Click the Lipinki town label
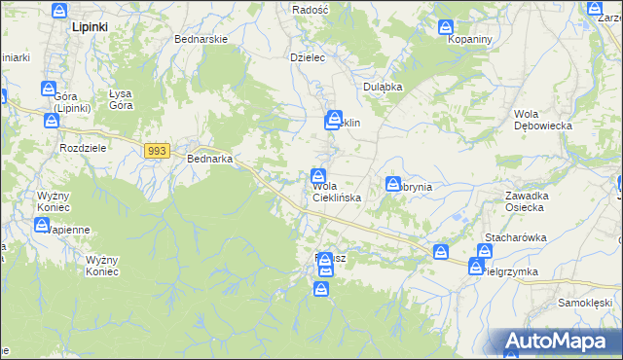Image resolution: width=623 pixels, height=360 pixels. (x=90, y=28)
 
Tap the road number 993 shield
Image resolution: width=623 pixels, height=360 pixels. (x=159, y=151)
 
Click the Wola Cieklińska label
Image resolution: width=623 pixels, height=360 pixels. (x=337, y=192)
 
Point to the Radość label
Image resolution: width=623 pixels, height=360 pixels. (x=311, y=8)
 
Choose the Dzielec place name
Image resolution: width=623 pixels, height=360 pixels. (x=307, y=57)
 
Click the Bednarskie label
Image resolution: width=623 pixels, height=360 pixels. (x=201, y=39)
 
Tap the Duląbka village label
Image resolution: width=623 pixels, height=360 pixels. (x=383, y=87)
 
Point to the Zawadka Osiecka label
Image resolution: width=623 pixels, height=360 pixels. (x=530, y=201)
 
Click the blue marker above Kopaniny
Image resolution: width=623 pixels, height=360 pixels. (x=446, y=27)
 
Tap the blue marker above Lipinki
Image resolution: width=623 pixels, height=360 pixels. (x=59, y=11)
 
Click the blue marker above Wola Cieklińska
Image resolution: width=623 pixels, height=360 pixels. (x=318, y=176)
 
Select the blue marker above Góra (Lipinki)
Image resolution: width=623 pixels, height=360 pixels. (x=50, y=89)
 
